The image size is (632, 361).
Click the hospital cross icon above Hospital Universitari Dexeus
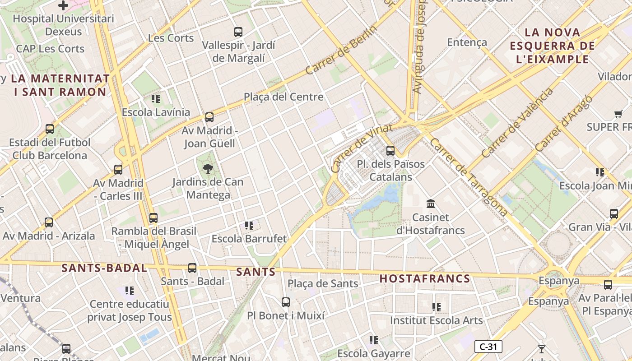(x=63, y=5)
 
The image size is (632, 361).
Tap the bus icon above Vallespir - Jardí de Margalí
(x=238, y=32)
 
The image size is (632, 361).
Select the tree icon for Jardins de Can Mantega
(x=208, y=169)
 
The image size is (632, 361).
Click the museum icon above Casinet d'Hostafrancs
(x=430, y=204)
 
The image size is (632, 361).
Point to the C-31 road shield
(x=488, y=347)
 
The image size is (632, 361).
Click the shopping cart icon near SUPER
(x=618, y=114)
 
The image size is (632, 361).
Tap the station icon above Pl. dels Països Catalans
(x=390, y=151)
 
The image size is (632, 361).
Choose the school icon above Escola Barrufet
(x=249, y=225)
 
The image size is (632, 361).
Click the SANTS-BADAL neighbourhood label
(x=104, y=268)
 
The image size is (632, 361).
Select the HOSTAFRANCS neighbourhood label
(x=425, y=278)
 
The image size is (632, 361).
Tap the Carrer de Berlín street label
(x=341, y=50)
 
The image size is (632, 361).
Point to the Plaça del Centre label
(x=283, y=97)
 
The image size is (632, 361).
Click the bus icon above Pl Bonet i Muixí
(x=286, y=302)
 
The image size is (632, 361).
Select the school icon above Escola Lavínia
(x=156, y=98)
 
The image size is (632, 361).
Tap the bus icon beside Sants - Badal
(x=192, y=268)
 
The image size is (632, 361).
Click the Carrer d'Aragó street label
(x=563, y=124)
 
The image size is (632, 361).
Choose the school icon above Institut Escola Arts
(x=436, y=307)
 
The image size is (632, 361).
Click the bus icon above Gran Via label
(x=614, y=214)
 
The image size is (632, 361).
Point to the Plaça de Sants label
(x=323, y=284)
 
